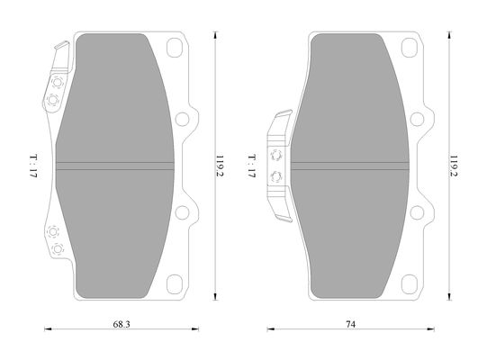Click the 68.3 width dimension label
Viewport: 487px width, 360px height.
[122, 324]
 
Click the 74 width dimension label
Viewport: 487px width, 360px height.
[351, 324]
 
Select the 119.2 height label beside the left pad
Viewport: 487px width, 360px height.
[220, 166]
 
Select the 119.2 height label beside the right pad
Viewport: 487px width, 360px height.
[454, 166]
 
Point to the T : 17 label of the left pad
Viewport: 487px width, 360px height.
[33, 166]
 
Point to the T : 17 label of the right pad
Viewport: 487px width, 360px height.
[251, 166]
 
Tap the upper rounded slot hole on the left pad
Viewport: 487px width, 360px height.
[175, 48]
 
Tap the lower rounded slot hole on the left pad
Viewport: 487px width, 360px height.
[175, 284]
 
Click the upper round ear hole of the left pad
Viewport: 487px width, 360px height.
[182, 120]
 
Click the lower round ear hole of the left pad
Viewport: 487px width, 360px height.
[182, 212]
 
